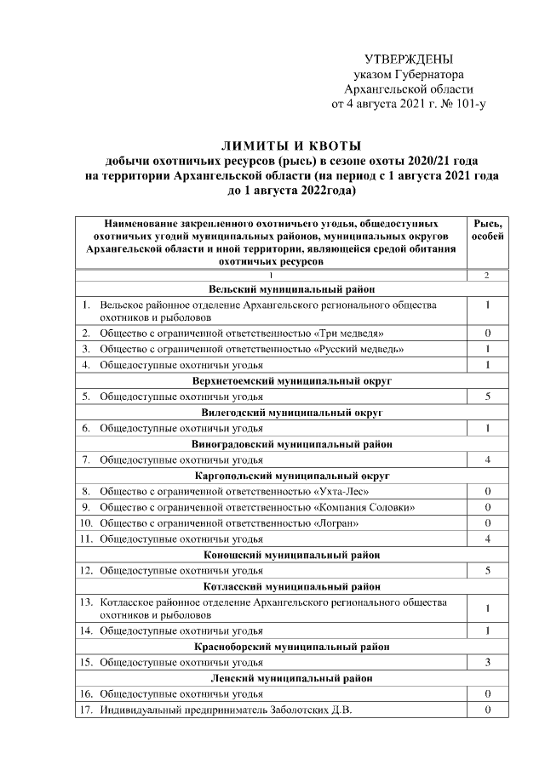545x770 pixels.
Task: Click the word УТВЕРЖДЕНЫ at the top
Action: coord(408,60)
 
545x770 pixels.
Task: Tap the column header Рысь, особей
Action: coord(487,228)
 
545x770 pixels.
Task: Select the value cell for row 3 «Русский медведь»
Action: coord(487,349)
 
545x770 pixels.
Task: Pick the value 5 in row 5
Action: coord(487,396)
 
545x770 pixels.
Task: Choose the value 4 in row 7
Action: coord(487,459)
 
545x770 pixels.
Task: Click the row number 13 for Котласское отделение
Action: coord(86,602)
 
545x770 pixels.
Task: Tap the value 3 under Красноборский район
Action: coord(487,662)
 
